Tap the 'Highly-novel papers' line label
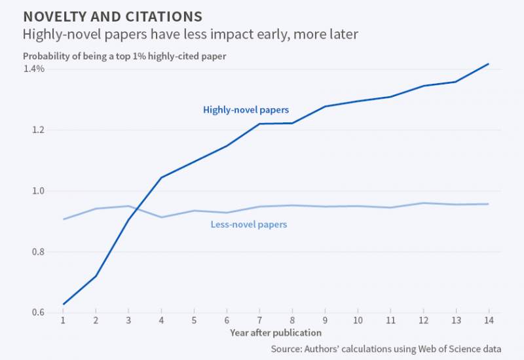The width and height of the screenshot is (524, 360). pos(246,110)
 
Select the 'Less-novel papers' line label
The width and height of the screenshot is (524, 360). pos(249,225)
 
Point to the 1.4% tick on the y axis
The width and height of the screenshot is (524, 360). pos(33,69)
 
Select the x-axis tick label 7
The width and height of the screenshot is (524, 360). pos(259,321)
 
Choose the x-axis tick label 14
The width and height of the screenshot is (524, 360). pos(488,321)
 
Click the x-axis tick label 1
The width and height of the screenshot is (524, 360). pos(63,321)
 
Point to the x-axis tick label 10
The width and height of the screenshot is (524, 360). pos(357,321)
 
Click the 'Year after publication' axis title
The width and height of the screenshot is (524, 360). pos(275,333)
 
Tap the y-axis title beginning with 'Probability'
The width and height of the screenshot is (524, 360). pos(124,56)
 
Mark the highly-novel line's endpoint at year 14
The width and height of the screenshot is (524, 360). pos(488,64)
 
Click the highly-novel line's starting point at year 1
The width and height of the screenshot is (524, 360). pos(63,304)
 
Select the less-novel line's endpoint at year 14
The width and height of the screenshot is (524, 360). pos(488,204)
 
